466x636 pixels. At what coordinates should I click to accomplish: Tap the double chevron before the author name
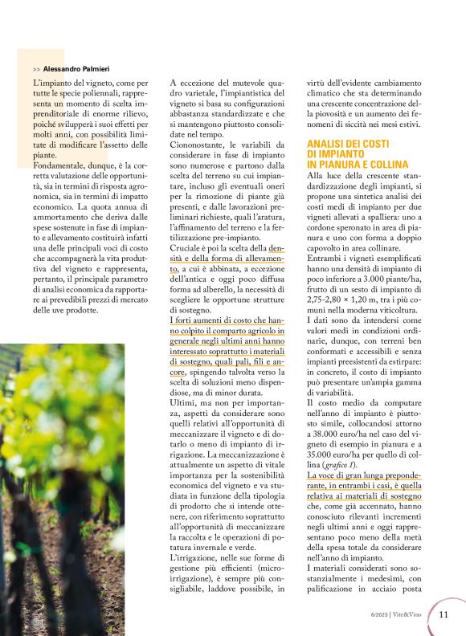click(x=37, y=70)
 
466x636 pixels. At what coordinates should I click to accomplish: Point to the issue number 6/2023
click(x=375, y=615)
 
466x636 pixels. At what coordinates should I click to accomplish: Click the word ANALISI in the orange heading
click(x=329, y=143)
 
